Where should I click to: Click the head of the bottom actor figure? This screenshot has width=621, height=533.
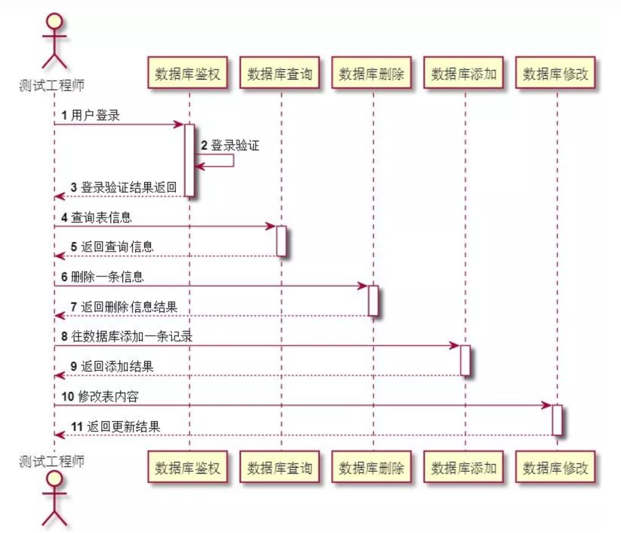(x=54, y=478)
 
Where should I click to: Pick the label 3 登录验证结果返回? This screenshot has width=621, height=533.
(x=123, y=188)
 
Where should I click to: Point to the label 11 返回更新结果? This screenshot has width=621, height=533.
(x=115, y=427)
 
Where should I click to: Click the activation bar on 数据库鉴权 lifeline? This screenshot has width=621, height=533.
(x=189, y=160)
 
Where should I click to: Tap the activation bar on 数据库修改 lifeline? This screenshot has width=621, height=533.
(x=557, y=420)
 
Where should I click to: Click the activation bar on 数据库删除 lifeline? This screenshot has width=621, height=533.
(x=373, y=300)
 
